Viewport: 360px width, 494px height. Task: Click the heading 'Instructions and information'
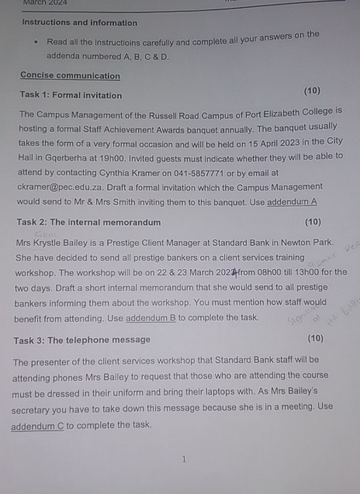pos(79,22)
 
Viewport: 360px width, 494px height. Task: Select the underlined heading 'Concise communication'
pos(70,76)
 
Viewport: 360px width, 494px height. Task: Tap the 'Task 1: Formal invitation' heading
pos(71,95)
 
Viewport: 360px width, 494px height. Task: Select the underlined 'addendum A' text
pos(292,202)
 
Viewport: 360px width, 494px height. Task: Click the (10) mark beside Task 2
pos(313,223)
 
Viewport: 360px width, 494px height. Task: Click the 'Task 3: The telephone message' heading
pos(81,340)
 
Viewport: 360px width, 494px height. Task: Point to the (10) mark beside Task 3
pos(315,339)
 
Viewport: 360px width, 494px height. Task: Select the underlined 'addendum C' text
pos(37,426)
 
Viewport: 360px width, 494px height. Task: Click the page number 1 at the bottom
pos(183,459)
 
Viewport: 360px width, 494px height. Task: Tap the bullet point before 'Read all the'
pos(36,42)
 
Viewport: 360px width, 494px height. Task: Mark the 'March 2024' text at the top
pos(45,3)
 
